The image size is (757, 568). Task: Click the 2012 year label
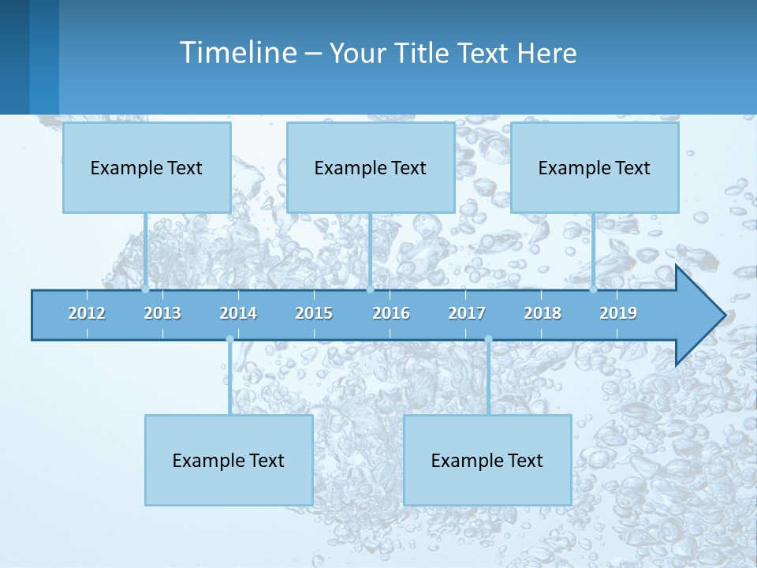click(x=87, y=313)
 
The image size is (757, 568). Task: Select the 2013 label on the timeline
click(x=162, y=313)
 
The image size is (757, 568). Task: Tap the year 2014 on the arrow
click(x=238, y=313)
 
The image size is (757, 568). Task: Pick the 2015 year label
click(x=314, y=313)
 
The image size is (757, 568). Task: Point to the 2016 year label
click(x=391, y=313)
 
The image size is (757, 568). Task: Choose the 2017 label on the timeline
click(x=467, y=313)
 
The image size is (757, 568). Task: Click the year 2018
click(x=543, y=313)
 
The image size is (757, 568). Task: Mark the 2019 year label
click(x=618, y=313)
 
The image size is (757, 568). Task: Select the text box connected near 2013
click(x=147, y=167)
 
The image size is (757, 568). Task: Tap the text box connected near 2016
click(x=371, y=167)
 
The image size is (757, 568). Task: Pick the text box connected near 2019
click(x=595, y=167)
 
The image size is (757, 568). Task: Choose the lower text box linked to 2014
click(x=229, y=460)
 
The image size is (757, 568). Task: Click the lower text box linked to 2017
click(x=487, y=460)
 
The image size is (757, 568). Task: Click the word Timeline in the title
click(x=237, y=53)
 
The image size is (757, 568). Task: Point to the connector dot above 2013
click(x=145, y=290)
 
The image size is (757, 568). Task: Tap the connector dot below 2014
click(x=229, y=339)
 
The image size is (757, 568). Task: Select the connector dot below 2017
click(x=488, y=339)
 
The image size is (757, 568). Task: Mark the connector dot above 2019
click(x=593, y=290)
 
